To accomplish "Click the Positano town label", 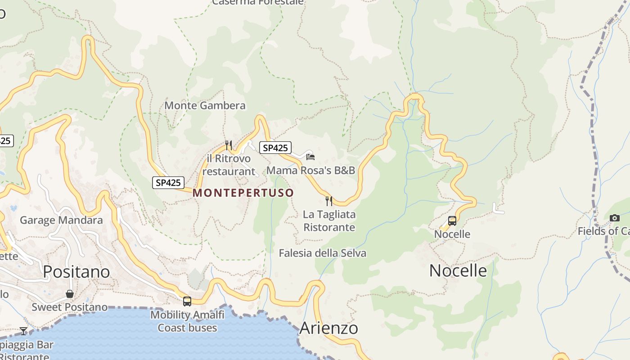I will [76, 272].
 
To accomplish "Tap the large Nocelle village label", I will [458, 270].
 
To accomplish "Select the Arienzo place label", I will [328, 328].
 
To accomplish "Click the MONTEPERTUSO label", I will [243, 193].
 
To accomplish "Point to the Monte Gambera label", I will [205, 106].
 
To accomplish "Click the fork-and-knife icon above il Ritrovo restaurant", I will [229, 145].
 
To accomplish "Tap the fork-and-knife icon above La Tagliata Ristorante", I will [329, 201].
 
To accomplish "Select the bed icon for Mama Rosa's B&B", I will [310, 157].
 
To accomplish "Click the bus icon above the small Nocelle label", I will [452, 221].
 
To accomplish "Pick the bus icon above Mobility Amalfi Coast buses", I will [187, 301].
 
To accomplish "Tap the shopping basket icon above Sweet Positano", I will [70, 294].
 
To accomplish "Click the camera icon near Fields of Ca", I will [614, 218].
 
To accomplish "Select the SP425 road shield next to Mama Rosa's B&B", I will [275, 148].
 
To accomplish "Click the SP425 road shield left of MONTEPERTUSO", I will [168, 182].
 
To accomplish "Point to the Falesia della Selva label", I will [322, 253].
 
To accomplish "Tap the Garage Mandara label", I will [61, 220].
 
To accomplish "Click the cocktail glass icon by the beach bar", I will [23, 331].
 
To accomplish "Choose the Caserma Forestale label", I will [258, 2].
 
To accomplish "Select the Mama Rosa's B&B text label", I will [310, 171].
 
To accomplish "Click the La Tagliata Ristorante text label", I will [329, 220].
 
